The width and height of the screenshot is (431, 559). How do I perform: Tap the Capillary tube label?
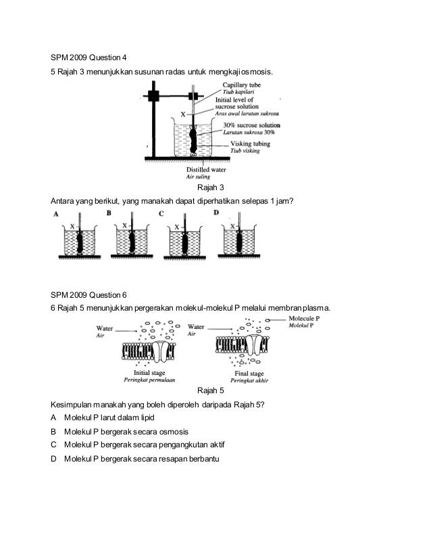pyautogui.click(x=242, y=85)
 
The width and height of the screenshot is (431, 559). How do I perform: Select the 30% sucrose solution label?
pyautogui.click(x=252, y=126)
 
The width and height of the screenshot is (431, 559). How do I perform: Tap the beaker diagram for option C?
pyautogui.click(x=186, y=240)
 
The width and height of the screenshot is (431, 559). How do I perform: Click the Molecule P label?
pyautogui.click(x=304, y=318)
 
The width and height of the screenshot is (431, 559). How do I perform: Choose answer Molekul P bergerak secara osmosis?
pyautogui.click(x=126, y=431)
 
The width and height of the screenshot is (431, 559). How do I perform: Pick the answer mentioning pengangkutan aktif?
pyautogui.click(x=143, y=445)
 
